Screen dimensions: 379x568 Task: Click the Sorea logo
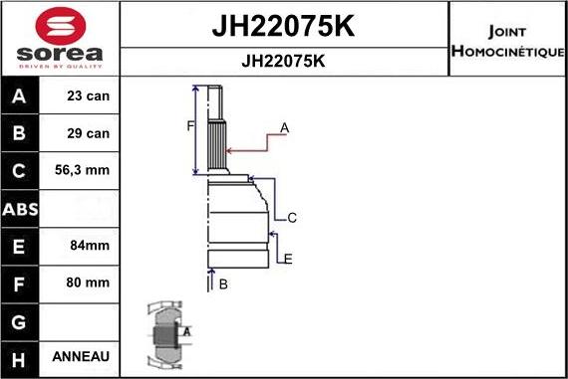coord(59,38)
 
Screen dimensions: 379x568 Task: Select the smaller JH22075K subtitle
coord(284,61)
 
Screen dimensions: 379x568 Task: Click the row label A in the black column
coord(21,97)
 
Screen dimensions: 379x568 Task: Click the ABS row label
coord(21,209)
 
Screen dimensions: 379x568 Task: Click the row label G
coord(21,320)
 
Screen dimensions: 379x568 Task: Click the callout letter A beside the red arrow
coord(285,127)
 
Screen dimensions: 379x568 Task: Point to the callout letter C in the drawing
coord(292,217)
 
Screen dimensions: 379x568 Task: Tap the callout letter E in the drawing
coord(288,259)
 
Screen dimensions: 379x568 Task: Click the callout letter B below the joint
coord(223,284)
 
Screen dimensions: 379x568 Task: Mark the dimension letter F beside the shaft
coord(189,125)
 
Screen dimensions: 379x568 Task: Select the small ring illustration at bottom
coord(167,334)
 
